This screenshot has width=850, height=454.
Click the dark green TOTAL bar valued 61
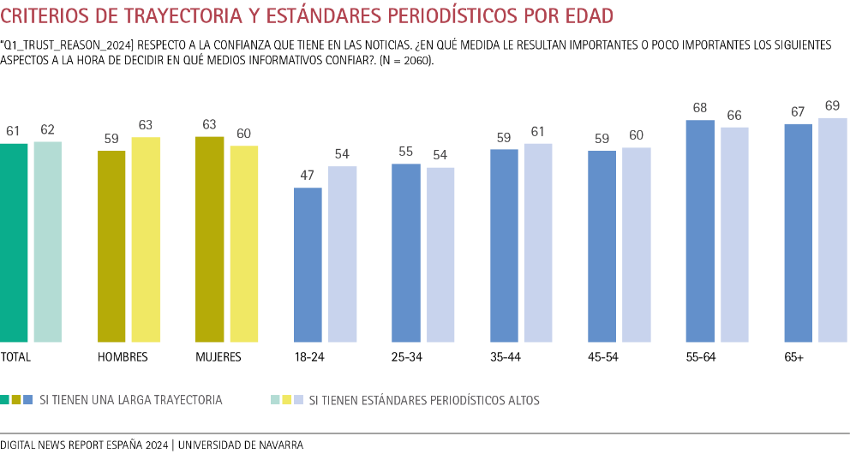tap(14, 243)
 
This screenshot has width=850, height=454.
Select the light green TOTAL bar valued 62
tap(48, 242)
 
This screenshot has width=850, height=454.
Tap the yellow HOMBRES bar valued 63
tap(146, 240)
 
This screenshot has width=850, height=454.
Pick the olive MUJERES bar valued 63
tap(209, 240)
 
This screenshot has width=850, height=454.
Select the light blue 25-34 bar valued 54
tap(440, 255)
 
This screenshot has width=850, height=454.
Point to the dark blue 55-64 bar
tap(701, 231)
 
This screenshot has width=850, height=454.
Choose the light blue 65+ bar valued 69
tap(833, 230)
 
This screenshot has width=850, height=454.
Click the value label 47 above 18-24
tap(308, 175)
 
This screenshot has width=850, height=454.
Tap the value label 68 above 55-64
tap(701, 108)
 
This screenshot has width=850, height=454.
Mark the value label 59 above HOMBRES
tap(111, 137)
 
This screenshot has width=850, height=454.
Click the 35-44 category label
tap(506, 357)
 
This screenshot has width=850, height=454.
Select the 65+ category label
tap(794, 357)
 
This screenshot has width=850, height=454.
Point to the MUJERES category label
tap(218, 357)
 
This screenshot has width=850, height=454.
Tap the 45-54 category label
tap(603, 357)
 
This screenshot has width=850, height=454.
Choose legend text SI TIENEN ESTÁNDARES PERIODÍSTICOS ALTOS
tap(424, 400)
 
